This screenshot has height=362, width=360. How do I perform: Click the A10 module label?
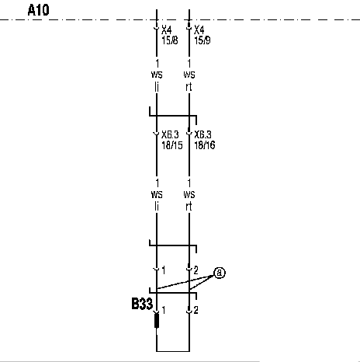pos(38,10)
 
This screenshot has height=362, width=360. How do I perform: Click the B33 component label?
pos(142,304)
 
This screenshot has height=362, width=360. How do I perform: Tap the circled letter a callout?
pos(220,273)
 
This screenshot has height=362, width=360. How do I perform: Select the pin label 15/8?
pos(170,40)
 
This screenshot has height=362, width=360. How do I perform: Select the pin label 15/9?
pos(202,40)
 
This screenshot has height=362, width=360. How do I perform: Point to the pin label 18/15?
pos(172,145)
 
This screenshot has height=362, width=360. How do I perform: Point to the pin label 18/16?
pos(205,145)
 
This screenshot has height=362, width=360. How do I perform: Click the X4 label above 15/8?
pos(167,30)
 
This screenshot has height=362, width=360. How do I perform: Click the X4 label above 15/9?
pos(199,30)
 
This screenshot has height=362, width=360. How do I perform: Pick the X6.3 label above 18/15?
pos(170,134)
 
